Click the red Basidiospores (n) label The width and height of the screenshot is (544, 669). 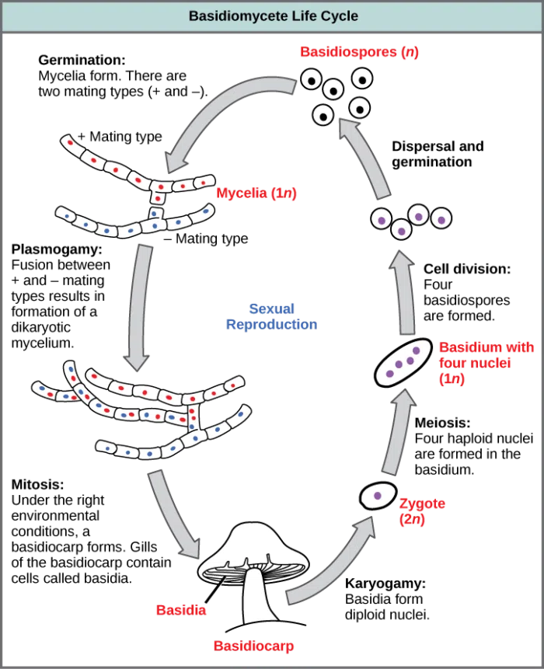(x=360, y=53)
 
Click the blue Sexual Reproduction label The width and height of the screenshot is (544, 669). (x=270, y=316)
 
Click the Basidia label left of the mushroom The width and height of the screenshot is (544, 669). (x=180, y=608)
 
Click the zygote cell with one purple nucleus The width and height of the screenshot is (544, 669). (x=378, y=496)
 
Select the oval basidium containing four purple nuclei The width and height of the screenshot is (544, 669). (x=403, y=362)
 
